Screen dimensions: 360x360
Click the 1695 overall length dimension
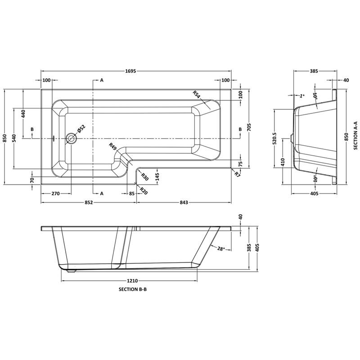pyautogui.click(x=136, y=71)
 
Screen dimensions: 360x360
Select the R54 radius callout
pyautogui.click(x=197, y=95)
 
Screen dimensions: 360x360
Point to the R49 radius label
pyautogui.click(x=113, y=146)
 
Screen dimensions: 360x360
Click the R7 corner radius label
pyautogui.click(x=237, y=173)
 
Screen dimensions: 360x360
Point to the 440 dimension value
pyautogui.click(x=23, y=114)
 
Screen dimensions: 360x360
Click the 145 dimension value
pyautogui.click(x=157, y=176)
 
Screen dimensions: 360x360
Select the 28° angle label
pyautogui.click(x=220, y=249)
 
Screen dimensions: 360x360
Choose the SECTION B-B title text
pyautogui.click(x=133, y=290)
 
